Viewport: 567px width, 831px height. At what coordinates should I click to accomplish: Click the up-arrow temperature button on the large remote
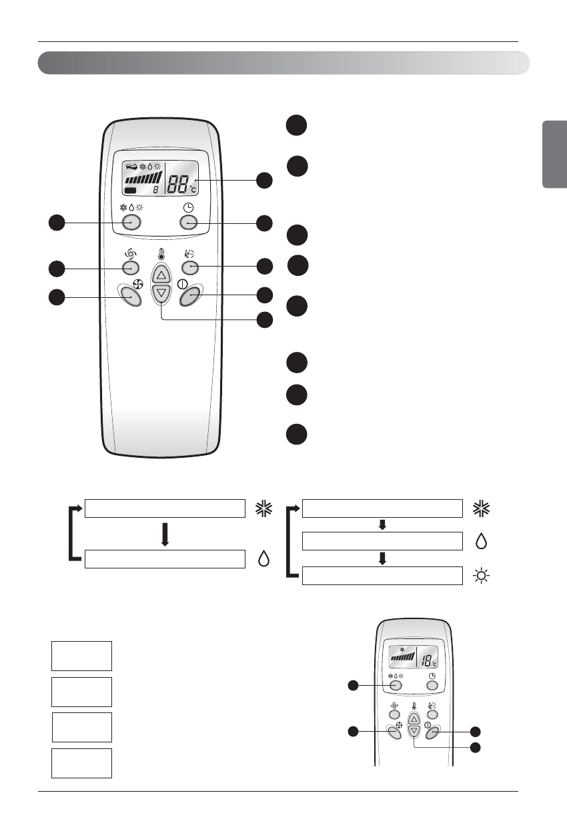161,274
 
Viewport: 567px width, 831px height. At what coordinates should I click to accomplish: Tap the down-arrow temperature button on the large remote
161,293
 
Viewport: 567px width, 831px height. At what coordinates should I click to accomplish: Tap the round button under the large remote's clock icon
189,222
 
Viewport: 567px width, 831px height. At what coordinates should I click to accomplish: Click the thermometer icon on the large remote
161,254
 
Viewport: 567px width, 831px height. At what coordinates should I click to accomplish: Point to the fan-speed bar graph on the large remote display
143,179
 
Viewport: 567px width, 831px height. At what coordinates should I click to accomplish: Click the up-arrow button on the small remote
414,719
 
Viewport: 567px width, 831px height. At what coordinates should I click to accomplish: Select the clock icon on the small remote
432,676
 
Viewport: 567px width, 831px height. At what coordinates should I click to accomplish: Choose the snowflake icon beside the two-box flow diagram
263,508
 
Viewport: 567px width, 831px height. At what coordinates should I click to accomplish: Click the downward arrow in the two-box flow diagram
164,534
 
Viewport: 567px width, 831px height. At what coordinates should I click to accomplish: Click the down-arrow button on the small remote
414,731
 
